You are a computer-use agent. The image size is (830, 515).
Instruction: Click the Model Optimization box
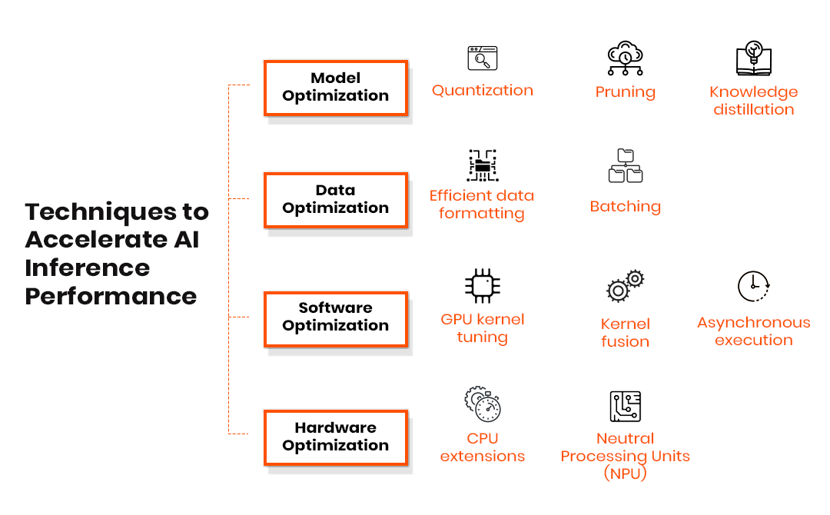click(335, 88)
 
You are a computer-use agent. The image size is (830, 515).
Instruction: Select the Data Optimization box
click(335, 200)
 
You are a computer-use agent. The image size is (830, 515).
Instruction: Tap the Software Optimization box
click(335, 317)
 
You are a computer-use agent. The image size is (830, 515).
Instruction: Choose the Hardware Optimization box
click(335, 437)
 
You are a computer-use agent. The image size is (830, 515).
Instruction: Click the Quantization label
click(482, 91)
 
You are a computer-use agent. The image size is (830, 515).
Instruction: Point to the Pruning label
click(625, 92)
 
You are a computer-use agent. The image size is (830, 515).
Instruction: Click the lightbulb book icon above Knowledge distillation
click(753, 59)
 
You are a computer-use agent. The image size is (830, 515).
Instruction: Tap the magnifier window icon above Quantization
click(483, 58)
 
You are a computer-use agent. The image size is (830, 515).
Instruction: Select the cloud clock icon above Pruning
click(625, 58)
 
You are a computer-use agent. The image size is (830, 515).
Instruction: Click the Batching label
click(625, 207)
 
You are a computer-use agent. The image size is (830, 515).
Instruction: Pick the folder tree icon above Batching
click(625, 166)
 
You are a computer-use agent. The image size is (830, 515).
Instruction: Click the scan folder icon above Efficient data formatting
click(482, 165)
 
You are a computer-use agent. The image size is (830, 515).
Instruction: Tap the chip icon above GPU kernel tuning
click(483, 286)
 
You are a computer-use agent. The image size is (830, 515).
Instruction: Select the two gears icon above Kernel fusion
click(625, 286)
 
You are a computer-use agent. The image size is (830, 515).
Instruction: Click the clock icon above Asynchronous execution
click(753, 286)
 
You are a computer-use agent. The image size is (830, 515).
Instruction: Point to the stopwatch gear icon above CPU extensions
click(483, 405)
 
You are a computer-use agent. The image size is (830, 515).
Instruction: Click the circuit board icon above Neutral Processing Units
click(625, 406)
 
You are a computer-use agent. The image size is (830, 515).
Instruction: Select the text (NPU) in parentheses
click(625, 473)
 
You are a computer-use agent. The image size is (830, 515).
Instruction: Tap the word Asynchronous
click(753, 323)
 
